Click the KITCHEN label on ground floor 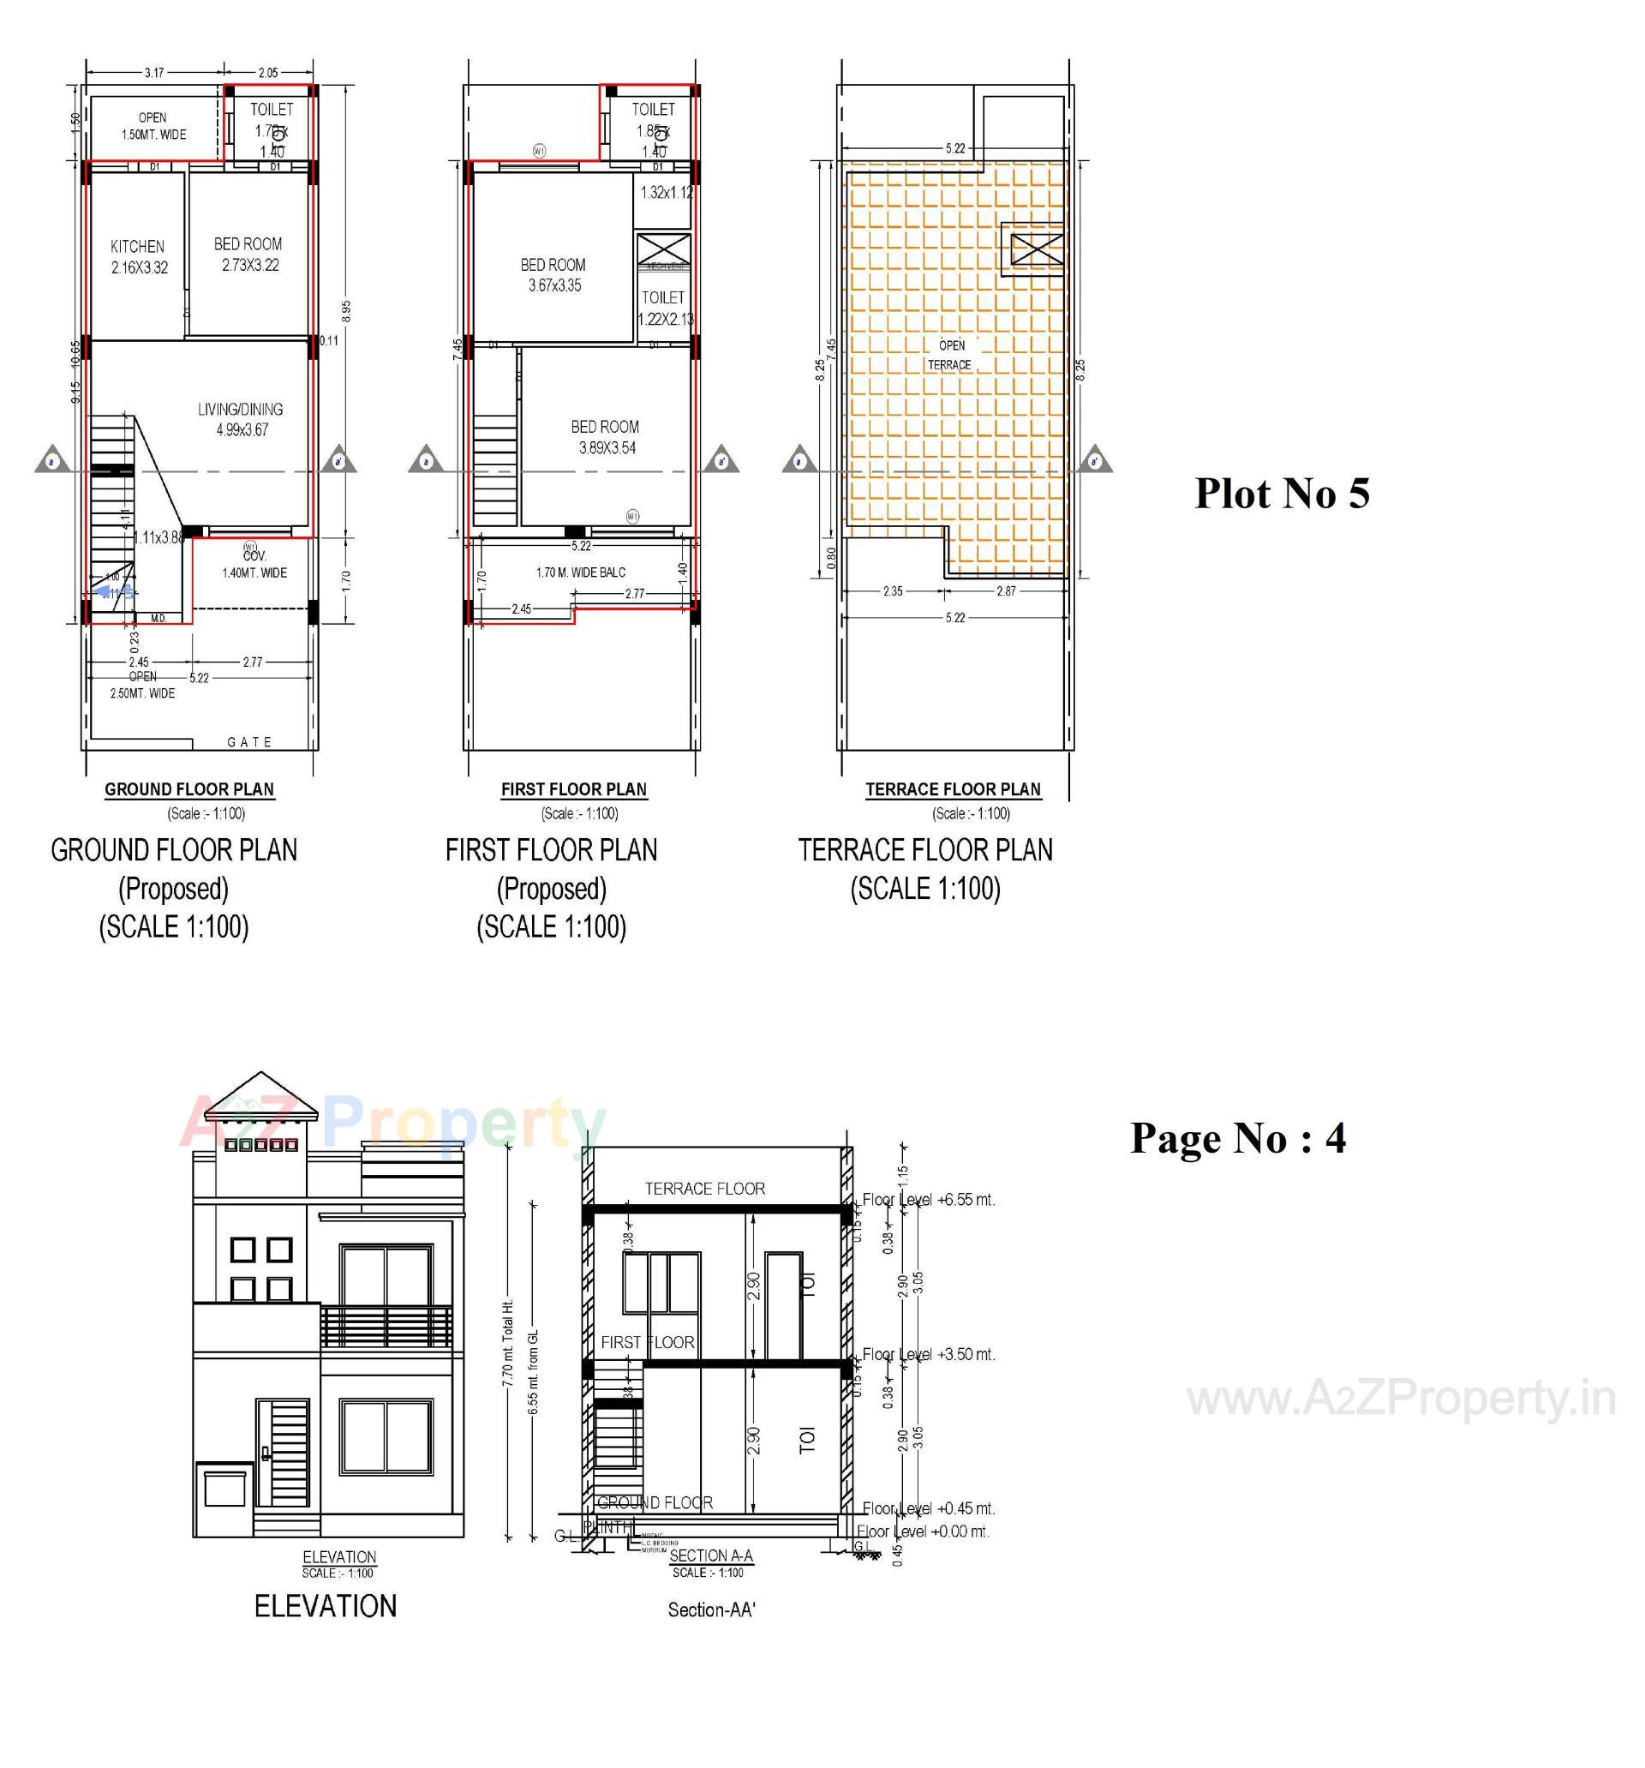coord(137,246)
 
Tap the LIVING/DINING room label coord(240,410)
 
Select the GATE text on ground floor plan coord(250,741)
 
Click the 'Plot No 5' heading coord(1282,493)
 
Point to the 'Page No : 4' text coord(1238,1137)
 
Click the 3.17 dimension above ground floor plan coord(154,73)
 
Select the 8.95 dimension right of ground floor coord(347,310)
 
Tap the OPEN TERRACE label coord(950,355)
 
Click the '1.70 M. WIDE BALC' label coord(581,572)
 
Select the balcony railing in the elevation coord(386,1326)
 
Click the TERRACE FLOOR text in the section coord(704,1189)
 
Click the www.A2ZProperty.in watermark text coord(1402,1399)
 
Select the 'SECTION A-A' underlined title coord(710,1555)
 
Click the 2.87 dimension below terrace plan coord(1005,591)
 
